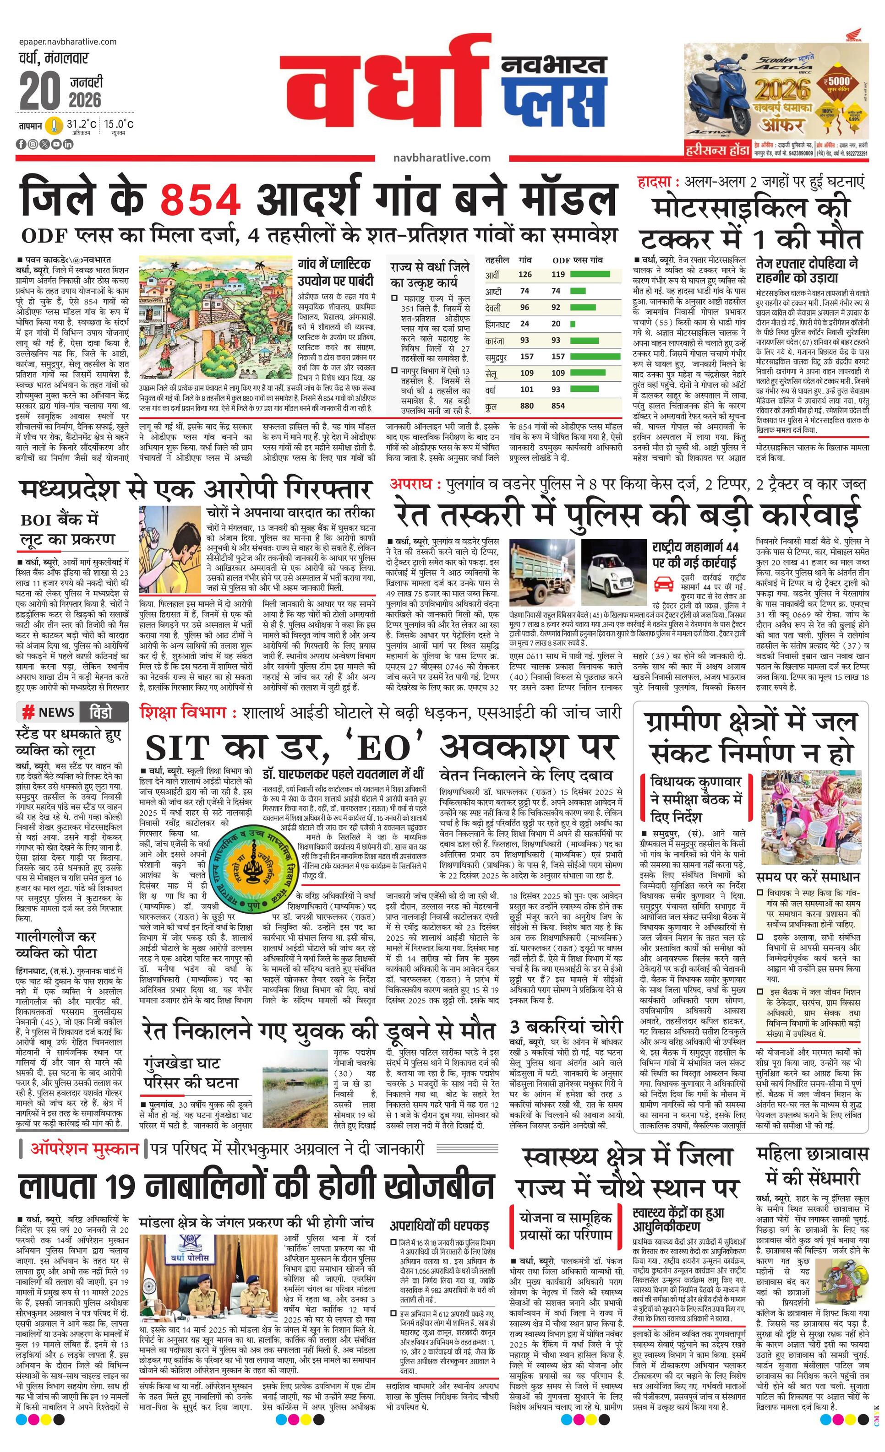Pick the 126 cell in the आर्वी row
[x=525, y=274]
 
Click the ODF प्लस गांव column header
[x=577, y=259]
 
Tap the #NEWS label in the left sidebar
[x=48, y=712]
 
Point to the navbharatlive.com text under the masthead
[x=442, y=157]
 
